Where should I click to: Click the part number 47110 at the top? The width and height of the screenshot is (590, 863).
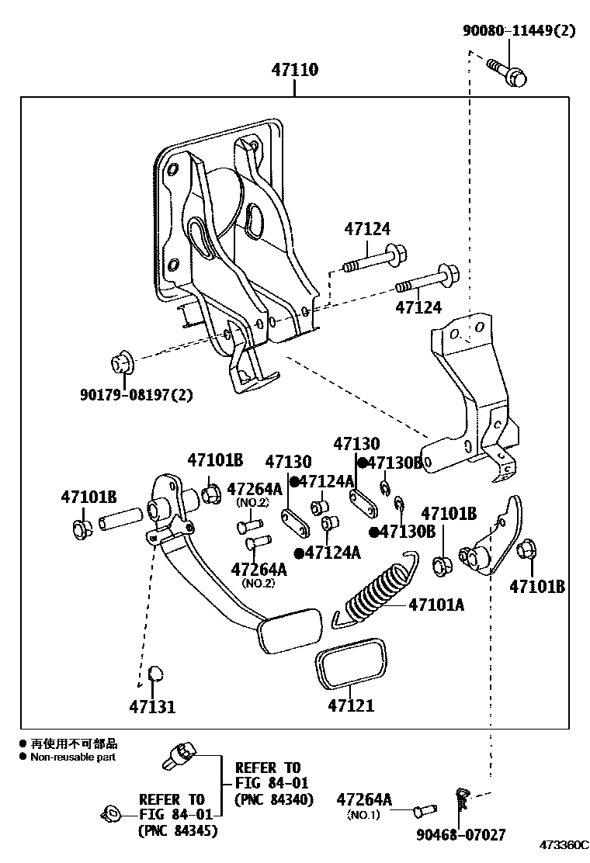point(294,70)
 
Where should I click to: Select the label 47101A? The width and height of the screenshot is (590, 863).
point(436,604)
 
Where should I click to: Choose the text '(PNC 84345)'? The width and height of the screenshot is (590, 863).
point(177,830)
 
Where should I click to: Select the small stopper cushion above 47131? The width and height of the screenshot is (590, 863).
point(154,672)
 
